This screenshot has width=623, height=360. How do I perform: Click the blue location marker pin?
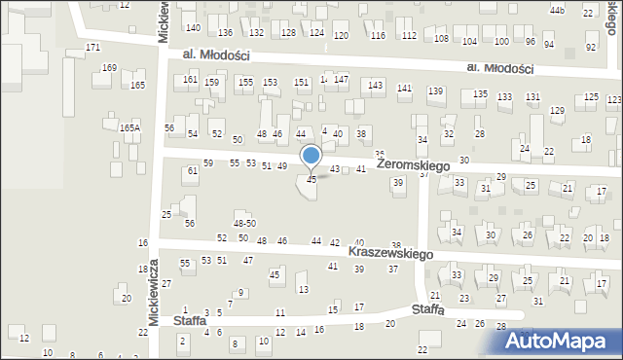(x=311, y=157)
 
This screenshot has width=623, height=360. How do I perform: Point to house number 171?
(x=93, y=48)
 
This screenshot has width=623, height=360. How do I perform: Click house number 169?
(x=109, y=68)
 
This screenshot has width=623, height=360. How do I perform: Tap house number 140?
(x=193, y=27)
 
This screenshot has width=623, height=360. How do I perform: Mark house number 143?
(x=375, y=86)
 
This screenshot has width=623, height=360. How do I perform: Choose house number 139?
(x=435, y=90)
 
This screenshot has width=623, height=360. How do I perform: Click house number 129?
(x=556, y=110)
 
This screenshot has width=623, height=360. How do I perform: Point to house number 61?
(x=193, y=171)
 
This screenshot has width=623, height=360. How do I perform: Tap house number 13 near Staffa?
(x=304, y=289)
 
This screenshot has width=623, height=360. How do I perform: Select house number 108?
(x=442, y=39)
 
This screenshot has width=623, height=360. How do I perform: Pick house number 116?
(x=378, y=35)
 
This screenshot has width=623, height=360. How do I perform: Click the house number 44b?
(x=557, y=10)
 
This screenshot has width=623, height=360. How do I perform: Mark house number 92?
(x=591, y=47)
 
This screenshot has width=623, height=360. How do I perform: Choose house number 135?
(x=480, y=93)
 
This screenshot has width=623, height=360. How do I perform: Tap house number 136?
(x=225, y=33)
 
